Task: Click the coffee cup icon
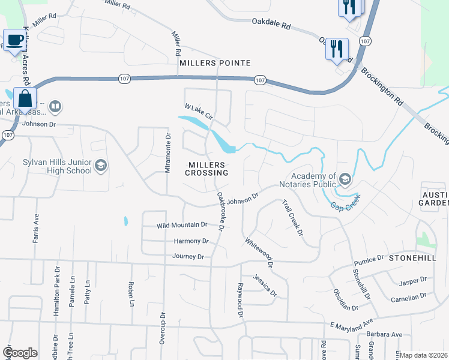(x=14, y=40)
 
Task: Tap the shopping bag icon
(x=25, y=98)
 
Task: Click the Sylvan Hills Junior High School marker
(x=101, y=166)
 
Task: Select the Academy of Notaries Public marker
(x=345, y=179)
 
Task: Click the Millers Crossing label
(x=208, y=169)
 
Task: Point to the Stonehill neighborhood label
(x=411, y=257)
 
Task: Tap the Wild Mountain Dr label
(x=182, y=225)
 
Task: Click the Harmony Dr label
(x=191, y=241)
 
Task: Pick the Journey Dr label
(x=188, y=257)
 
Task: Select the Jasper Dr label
(x=414, y=280)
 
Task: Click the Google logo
(x=20, y=353)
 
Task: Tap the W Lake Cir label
(x=199, y=112)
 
